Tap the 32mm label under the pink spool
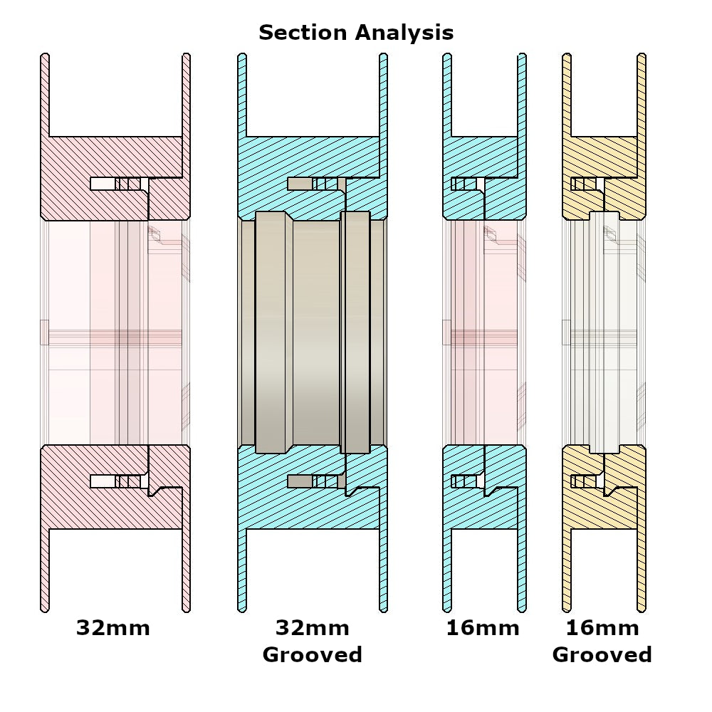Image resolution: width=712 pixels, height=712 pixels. [x=113, y=628]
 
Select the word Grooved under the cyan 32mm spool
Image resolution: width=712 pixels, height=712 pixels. [x=312, y=655]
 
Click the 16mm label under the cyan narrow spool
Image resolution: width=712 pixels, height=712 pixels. [x=483, y=628]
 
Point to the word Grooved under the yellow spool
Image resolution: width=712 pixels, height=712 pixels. [x=602, y=655]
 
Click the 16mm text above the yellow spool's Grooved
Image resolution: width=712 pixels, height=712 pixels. [x=602, y=628]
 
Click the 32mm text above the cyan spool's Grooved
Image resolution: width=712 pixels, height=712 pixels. [x=312, y=628]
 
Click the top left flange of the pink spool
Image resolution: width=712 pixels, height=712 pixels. [x=45, y=93]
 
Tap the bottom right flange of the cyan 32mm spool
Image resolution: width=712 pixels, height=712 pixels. [x=384, y=570]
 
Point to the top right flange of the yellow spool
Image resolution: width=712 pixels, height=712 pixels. [x=642, y=93]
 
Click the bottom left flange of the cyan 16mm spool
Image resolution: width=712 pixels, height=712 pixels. [x=447, y=570]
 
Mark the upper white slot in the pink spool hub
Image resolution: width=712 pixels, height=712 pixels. [x=103, y=184]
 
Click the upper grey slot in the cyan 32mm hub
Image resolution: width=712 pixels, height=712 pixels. [x=299, y=184]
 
